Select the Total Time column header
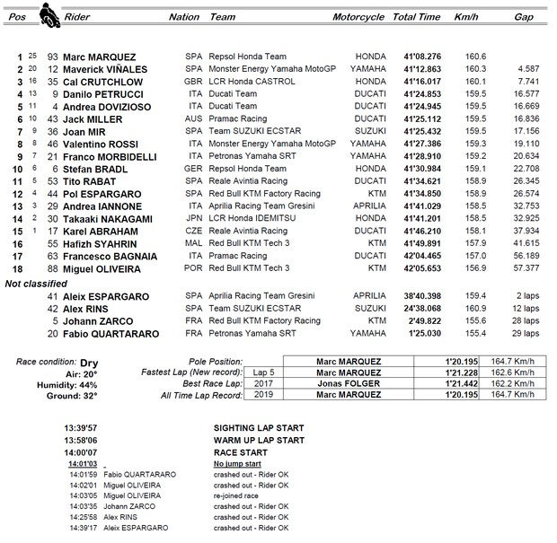click(x=416, y=17)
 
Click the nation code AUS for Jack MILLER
click(x=193, y=118)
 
